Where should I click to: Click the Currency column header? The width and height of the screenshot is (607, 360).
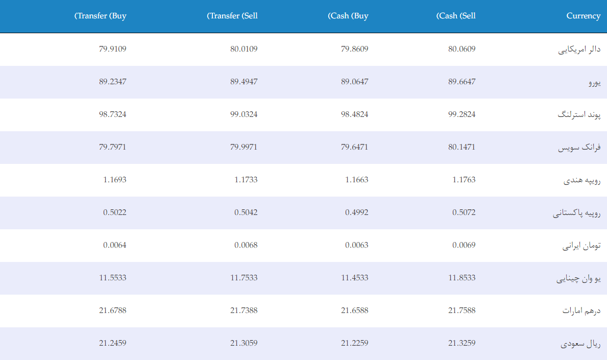584,16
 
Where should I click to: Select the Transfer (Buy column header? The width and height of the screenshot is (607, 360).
100,16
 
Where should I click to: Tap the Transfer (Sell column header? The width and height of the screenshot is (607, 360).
232,16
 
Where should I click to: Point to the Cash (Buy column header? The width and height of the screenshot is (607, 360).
348,16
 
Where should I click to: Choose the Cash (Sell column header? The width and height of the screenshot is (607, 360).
456,16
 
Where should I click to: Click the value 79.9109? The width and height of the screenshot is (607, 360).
113,49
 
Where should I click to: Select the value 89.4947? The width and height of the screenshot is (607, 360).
244,82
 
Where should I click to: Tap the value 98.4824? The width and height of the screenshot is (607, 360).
355,114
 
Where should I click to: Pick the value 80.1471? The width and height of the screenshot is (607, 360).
462,147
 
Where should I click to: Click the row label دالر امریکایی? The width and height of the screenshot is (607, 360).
579,50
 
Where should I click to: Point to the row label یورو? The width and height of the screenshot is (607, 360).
595,82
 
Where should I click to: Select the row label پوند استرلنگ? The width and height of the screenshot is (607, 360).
579,114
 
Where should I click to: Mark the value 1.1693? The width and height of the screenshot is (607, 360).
114,180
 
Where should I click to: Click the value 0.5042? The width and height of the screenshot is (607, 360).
246,212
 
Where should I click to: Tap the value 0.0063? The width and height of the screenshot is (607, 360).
356,245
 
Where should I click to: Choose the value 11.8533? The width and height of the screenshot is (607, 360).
462,278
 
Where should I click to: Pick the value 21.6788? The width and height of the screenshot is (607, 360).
113,310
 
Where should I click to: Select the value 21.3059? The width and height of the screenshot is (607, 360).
244,343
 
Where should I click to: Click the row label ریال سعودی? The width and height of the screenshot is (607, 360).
580,344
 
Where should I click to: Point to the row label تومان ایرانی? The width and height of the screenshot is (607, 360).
581,246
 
